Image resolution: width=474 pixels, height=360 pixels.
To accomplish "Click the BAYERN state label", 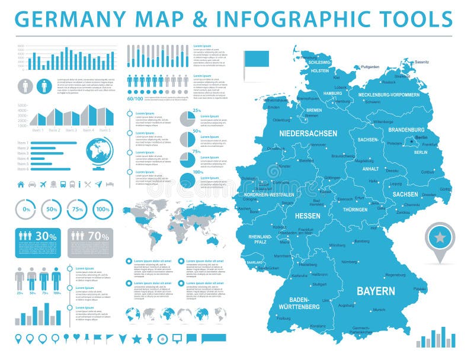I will point(376,291).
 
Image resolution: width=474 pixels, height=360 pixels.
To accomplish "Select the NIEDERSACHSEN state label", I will point(308,133).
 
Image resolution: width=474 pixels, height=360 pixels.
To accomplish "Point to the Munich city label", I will point(379,310).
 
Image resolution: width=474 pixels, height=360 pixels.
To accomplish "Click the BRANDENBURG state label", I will point(406,129).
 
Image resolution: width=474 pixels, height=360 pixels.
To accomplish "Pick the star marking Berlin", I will point(411,141).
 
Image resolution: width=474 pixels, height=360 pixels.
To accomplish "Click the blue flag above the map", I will point(256,58).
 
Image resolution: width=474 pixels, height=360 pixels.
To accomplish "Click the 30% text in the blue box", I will point(46,236).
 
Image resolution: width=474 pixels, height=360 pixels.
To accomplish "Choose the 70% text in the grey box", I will point(98,236).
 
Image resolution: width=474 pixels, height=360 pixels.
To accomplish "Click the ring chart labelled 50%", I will point(52,209).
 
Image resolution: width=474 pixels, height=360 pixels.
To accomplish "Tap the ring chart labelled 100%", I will point(103,209).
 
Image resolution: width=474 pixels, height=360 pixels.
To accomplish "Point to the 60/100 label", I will point(135,98).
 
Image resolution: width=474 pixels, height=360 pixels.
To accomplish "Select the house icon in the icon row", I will point(21,184).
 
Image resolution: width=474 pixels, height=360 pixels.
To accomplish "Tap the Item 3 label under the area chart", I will point(71,130).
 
